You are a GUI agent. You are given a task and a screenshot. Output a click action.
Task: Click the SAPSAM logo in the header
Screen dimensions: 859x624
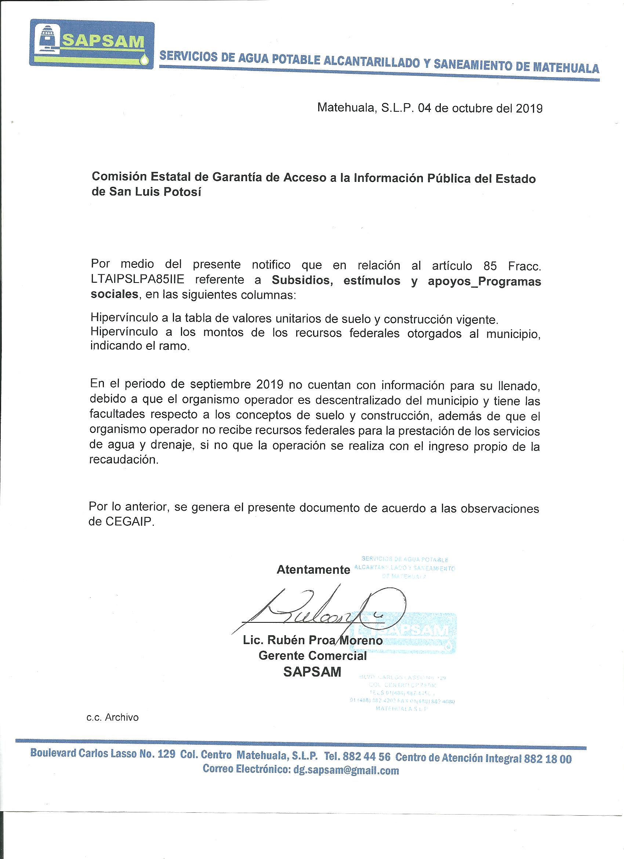tap(92, 44)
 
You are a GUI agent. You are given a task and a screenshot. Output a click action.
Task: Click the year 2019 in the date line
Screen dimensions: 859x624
tap(529, 109)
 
